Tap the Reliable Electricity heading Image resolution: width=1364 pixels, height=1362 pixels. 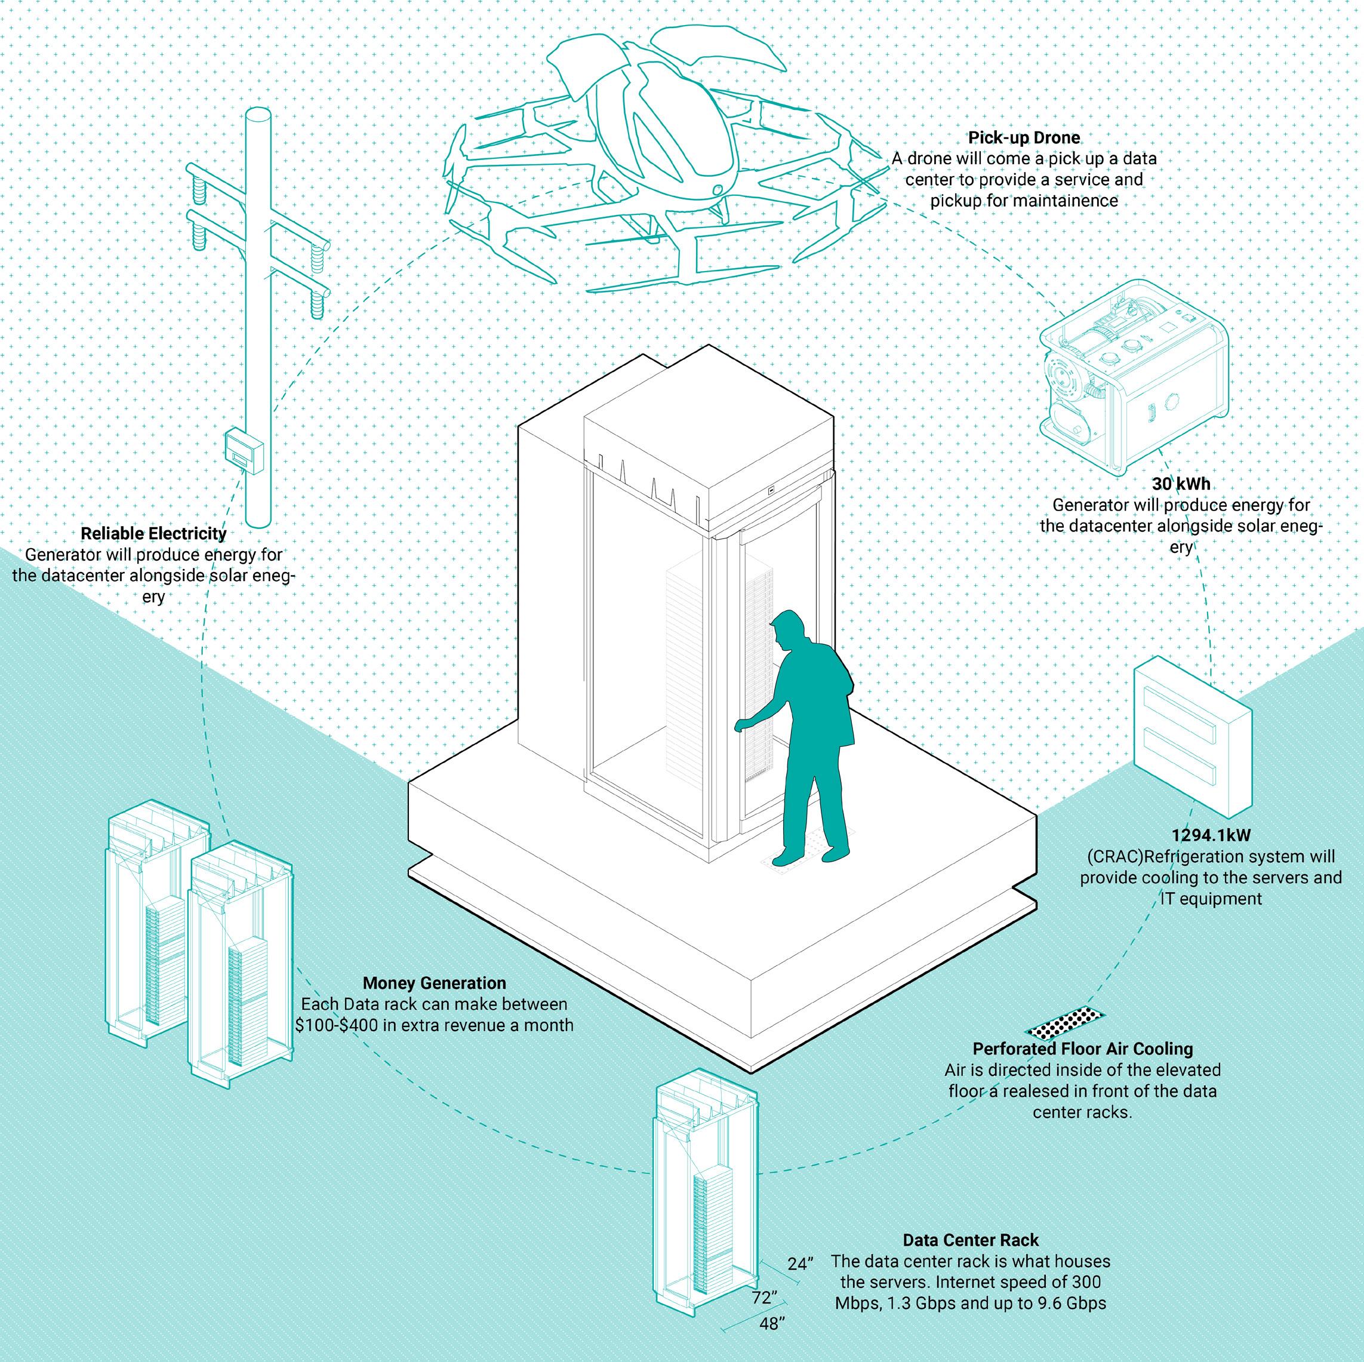click(x=154, y=534)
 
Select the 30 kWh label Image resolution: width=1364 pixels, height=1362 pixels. click(x=1180, y=484)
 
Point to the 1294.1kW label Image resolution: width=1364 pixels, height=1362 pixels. click(x=1211, y=835)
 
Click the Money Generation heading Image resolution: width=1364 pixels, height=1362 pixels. click(x=434, y=983)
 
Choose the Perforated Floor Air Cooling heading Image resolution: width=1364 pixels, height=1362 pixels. click(x=1082, y=1049)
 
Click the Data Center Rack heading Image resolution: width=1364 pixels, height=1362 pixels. click(x=971, y=1240)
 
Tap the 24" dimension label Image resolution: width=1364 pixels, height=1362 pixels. click(x=800, y=1263)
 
